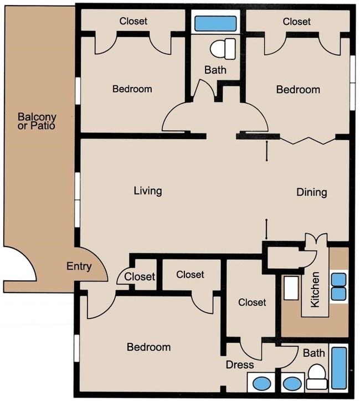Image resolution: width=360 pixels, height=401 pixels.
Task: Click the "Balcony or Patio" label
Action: coord(37,121)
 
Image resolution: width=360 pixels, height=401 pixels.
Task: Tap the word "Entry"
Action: coord(79,266)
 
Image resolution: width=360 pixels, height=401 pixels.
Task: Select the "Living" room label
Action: coord(148,191)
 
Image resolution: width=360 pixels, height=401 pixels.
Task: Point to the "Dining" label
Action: coord(312,192)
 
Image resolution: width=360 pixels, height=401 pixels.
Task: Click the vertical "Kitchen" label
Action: coord(315,289)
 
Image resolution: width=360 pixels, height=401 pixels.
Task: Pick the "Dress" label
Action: coord(240,364)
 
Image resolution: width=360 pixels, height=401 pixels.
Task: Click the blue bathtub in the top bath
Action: coord(215,23)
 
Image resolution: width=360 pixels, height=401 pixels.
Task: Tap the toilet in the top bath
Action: coord(223,49)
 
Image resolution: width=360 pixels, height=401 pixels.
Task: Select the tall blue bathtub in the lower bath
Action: coord(339,368)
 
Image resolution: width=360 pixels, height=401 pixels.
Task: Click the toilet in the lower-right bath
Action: coord(317,377)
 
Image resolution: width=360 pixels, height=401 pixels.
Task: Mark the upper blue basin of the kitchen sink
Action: coord(339,280)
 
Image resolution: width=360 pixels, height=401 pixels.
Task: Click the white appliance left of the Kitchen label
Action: coord(291,288)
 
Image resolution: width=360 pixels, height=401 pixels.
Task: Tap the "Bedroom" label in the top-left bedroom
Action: coord(132,89)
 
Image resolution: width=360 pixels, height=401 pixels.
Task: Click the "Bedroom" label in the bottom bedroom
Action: coord(149,347)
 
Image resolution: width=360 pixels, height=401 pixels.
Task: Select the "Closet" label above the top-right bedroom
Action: coord(297,22)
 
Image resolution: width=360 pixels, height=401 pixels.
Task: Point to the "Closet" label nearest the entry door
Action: coord(140,276)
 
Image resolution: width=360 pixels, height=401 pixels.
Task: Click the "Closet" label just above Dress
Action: coord(252,302)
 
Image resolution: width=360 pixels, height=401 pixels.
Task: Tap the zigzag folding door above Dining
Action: coord(307,140)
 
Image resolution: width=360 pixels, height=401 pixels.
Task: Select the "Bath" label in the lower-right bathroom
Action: coord(313,353)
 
